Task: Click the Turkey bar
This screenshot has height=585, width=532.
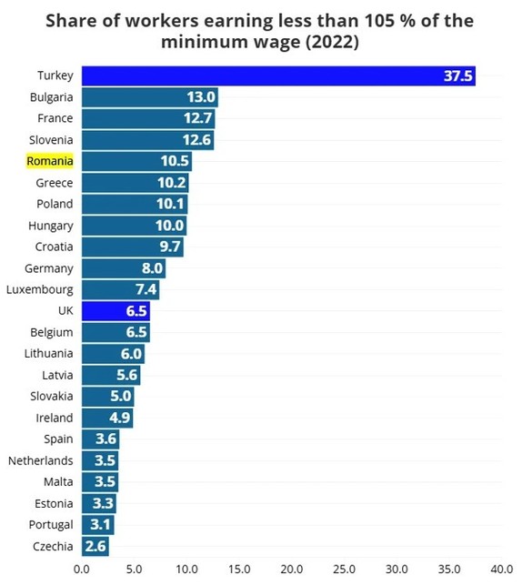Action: click(278, 76)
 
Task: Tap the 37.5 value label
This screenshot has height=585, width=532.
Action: click(458, 76)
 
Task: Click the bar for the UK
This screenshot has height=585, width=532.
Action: click(115, 311)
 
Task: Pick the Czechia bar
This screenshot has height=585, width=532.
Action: click(95, 546)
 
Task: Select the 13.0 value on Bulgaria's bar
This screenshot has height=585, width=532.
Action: click(201, 97)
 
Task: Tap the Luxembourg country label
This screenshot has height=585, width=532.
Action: click(40, 290)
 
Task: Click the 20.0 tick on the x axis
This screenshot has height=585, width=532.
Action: click(292, 570)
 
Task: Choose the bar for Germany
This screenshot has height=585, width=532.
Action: click(123, 268)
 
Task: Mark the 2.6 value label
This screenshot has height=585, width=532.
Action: click(95, 546)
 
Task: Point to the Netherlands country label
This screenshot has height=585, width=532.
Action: click(41, 460)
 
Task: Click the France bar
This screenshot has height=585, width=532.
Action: click(147, 118)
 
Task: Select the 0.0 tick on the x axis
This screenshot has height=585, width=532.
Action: click(82, 570)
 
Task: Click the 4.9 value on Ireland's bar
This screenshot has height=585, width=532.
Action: click(119, 418)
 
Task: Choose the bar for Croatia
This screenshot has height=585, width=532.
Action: click(132, 247)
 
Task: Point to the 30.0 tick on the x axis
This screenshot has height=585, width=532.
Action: click(396, 570)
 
